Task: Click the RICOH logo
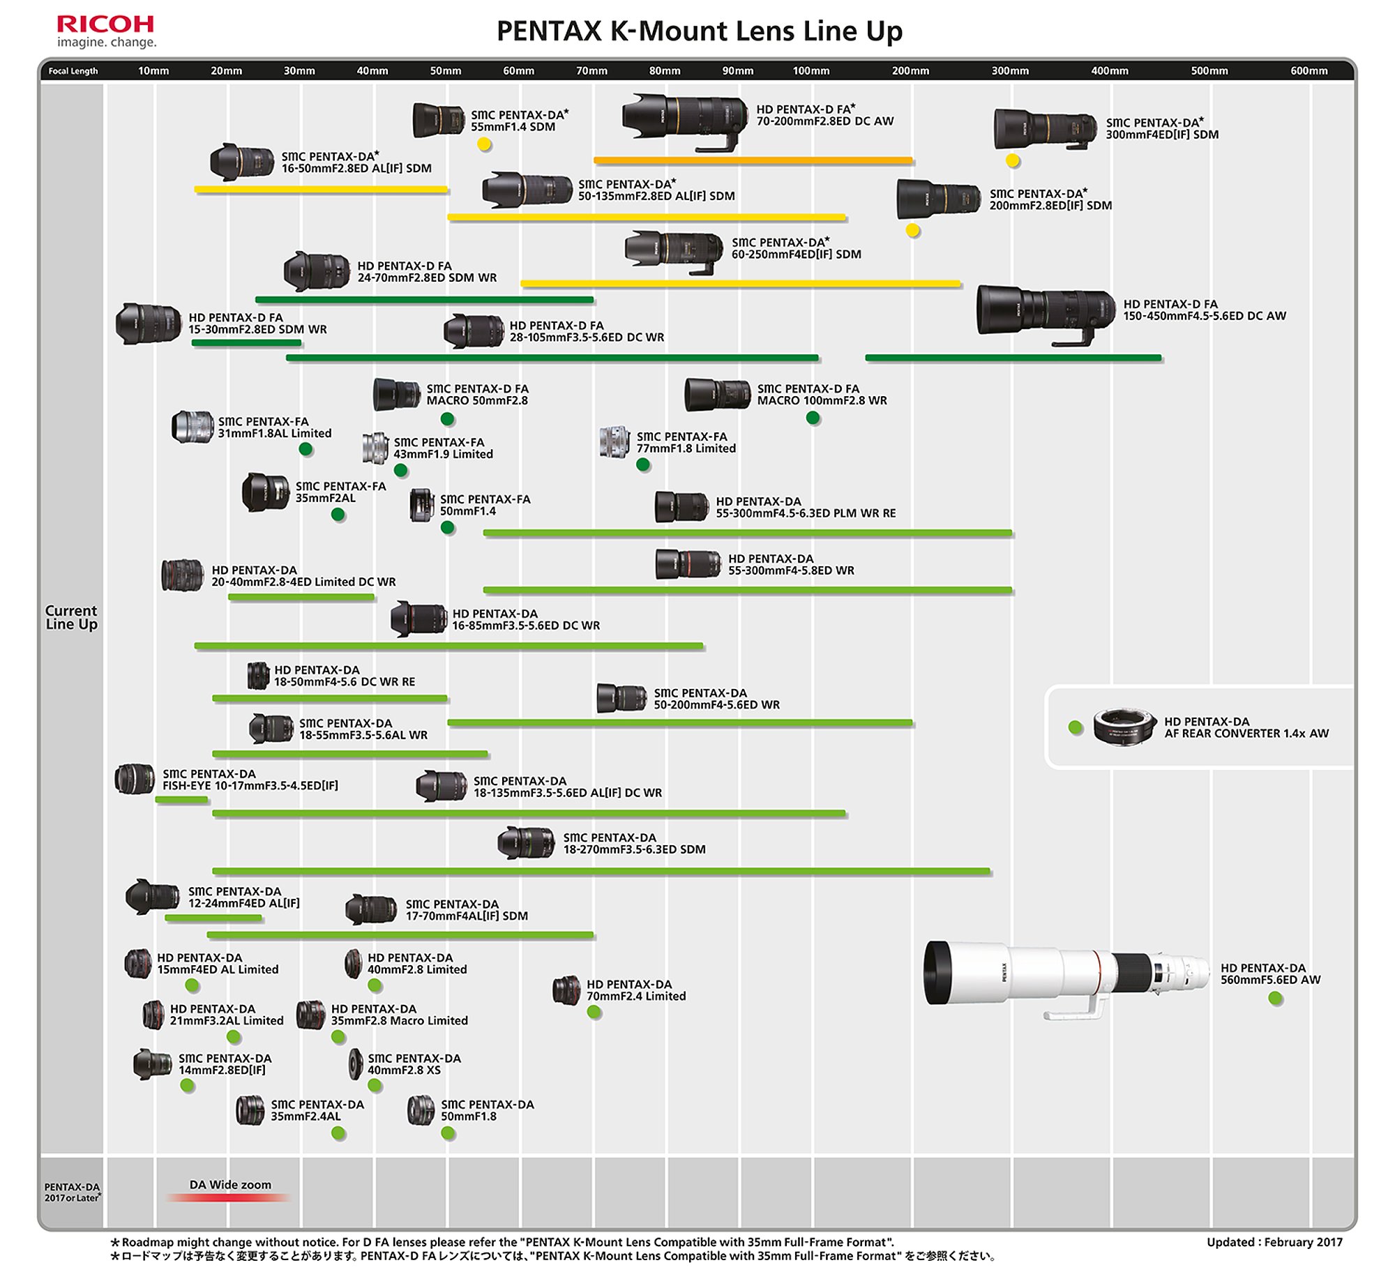[106, 32]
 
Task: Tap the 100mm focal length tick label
[810, 70]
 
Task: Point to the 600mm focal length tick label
[1309, 70]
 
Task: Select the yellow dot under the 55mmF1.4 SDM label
[484, 144]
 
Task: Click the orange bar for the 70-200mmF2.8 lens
[753, 160]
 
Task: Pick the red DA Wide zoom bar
[229, 1197]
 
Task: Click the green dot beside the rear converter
[1076, 727]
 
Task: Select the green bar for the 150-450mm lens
[1013, 358]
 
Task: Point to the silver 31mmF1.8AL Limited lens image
[192, 427]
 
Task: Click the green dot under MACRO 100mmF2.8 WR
[813, 418]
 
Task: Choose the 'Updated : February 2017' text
[1274, 1241]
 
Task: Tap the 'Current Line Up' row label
[71, 617]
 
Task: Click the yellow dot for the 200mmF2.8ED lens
[912, 230]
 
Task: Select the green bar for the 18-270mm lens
[601, 871]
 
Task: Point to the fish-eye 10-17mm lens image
[135, 779]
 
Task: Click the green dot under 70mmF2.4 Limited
[594, 1012]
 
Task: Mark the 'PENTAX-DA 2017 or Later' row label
[73, 1192]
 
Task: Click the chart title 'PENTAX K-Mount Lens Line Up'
[699, 31]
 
